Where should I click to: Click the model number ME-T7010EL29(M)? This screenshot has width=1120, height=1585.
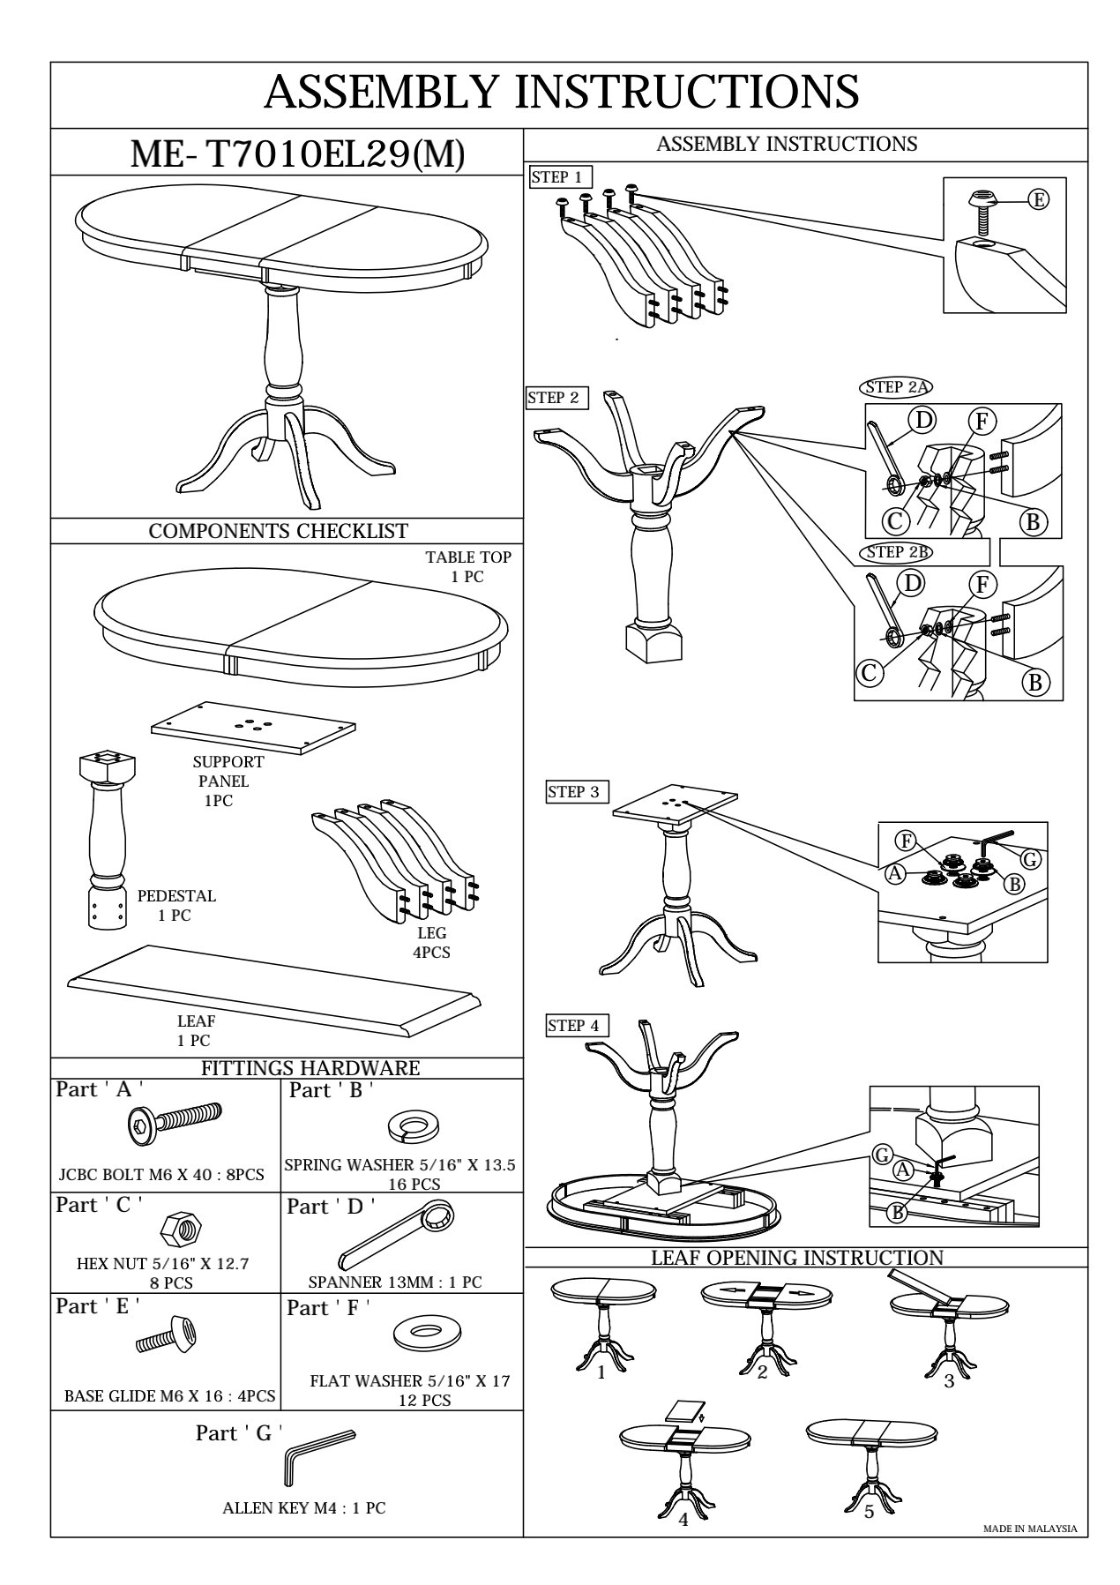[297, 155]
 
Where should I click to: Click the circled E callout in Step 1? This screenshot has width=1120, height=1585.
[1040, 200]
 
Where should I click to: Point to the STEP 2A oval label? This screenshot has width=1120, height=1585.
[896, 387]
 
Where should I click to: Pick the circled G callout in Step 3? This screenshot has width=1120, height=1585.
[1030, 859]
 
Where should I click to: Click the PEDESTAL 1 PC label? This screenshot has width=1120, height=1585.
[175, 906]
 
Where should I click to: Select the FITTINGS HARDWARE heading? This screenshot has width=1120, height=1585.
[310, 1068]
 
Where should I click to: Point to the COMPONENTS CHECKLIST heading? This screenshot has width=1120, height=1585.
[278, 531]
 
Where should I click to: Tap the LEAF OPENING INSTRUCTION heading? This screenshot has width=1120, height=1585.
[797, 1258]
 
